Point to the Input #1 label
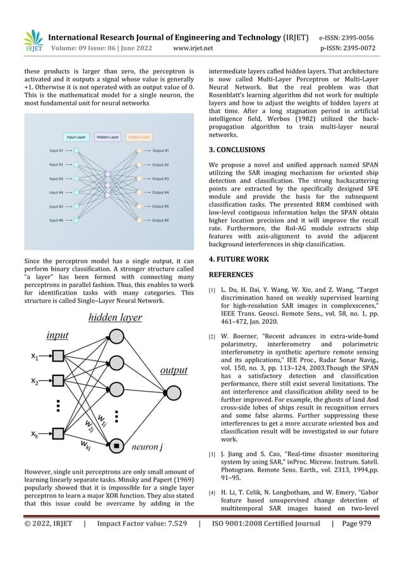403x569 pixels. click(x=57, y=151)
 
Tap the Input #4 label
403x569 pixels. click(x=57, y=192)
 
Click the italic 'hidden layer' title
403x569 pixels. click(x=114, y=317)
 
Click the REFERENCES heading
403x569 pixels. click(x=227, y=275)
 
